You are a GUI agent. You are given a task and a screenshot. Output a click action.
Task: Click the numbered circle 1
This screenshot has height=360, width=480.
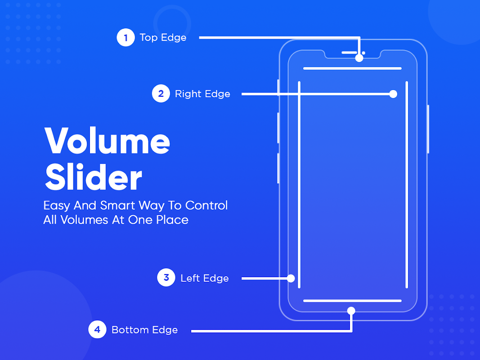[126, 37]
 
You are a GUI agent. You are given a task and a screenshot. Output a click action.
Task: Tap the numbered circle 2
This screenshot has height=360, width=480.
[161, 93]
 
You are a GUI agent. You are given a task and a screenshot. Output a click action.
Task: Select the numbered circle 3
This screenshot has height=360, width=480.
[166, 277]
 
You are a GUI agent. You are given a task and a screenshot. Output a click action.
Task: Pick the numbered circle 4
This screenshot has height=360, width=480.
[97, 329]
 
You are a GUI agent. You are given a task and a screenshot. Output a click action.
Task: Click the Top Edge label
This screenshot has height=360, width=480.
[163, 37]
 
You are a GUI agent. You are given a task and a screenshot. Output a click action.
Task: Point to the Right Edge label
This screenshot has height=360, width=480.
[202, 94]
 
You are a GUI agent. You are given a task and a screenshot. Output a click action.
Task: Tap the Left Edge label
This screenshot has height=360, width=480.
[205, 278]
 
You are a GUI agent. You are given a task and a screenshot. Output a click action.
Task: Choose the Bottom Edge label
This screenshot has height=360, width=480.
[144, 330]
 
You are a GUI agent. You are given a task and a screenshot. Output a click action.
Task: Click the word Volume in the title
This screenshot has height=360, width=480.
[107, 140]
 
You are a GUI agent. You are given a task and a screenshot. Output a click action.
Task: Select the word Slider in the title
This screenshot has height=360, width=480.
[94, 177]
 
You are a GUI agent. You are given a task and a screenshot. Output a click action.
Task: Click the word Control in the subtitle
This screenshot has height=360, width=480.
[206, 205]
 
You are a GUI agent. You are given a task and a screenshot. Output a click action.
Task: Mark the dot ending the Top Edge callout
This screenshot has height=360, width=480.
[359, 58]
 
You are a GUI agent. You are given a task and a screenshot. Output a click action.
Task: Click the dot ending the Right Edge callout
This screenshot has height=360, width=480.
[393, 94]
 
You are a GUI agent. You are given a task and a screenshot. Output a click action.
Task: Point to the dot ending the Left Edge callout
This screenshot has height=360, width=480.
[291, 278]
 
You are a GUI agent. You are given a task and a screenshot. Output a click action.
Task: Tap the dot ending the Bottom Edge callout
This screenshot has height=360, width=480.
[351, 311]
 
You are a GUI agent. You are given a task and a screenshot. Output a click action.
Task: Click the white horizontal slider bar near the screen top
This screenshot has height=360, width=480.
[352, 68]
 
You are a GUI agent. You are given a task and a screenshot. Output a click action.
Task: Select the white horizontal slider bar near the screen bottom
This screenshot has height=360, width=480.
[352, 301]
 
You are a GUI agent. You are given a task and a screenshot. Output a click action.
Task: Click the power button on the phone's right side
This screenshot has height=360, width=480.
[428, 129]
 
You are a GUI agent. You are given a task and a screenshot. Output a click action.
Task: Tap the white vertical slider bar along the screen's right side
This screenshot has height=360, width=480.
[407, 184]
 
